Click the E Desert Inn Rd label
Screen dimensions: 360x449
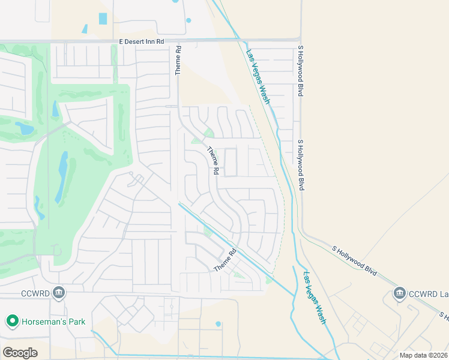141,41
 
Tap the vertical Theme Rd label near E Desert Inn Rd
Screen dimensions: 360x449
178,61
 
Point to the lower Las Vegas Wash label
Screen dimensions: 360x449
315,298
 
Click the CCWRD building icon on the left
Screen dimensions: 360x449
59,293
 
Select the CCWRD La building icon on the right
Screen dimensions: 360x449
400,293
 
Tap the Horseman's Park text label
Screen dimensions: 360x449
53,322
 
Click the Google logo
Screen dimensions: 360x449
20,353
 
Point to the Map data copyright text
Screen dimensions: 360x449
424,355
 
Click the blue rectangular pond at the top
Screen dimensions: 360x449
103,19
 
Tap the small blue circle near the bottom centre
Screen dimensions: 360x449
218,324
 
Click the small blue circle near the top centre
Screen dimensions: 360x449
188,20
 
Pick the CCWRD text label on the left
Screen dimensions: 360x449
34,293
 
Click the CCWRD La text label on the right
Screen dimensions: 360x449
429,293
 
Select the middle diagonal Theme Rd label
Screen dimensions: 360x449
212,161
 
